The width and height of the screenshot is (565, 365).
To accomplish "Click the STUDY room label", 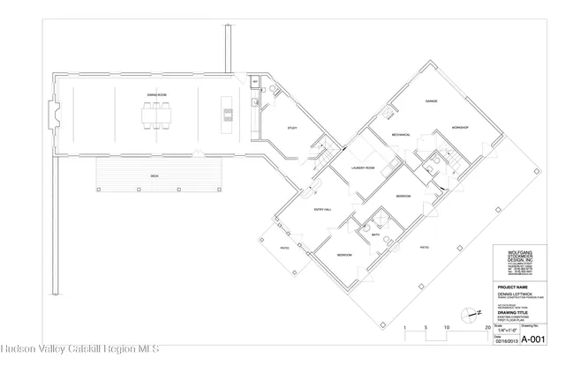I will (x=291, y=129).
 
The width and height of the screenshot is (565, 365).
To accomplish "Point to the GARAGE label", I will (x=432, y=101).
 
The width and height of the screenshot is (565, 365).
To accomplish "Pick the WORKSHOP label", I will (x=459, y=129).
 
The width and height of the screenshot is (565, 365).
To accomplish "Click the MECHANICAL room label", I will (x=380, y=134).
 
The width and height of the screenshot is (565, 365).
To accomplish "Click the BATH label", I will (x=375, y=235).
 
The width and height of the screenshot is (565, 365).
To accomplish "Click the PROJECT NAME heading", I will (x=512, y=287).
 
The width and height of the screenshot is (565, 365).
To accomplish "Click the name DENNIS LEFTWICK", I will (x=514, y=294).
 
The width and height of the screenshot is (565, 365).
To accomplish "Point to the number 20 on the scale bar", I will (x=487, y=326).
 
